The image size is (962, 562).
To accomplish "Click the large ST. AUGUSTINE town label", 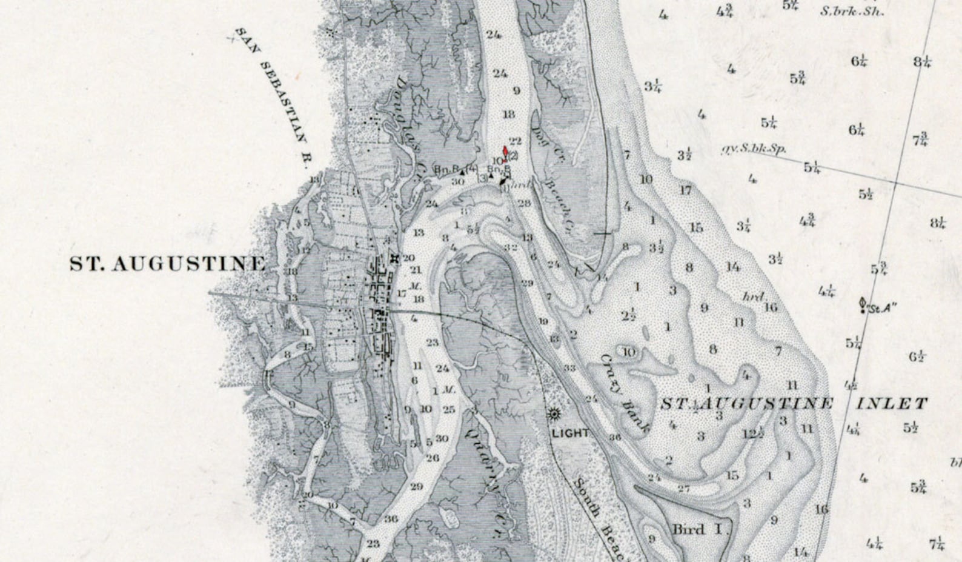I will point(167,264).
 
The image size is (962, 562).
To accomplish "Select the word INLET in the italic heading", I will point(892,404).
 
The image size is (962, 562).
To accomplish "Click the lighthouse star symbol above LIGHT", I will point(553,415).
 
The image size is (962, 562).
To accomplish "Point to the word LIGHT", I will point(570,433).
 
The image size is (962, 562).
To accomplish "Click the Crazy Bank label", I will point(624,394).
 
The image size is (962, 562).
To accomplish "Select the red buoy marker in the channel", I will point(506,152).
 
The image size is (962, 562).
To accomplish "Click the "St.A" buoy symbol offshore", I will point(863,304).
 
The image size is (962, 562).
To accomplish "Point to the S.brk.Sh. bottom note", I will point(852,12).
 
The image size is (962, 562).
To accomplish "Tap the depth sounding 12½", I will point(752,433).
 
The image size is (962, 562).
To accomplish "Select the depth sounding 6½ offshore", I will point(917,357).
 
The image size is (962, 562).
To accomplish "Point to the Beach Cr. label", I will point(560,206).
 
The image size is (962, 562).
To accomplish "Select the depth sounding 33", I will point(569,368).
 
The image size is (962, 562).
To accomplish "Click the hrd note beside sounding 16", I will point(752,296).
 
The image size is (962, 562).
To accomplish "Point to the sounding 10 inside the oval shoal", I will point(629,352).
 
